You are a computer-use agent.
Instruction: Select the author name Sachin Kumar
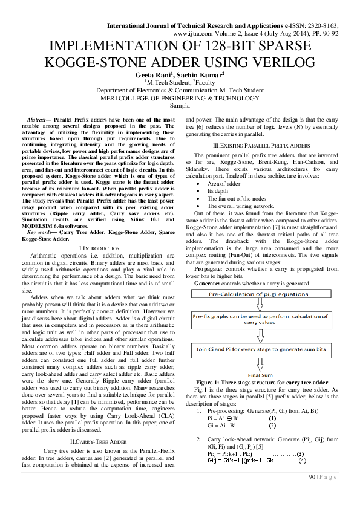pyautogui.click(x=201, y=74)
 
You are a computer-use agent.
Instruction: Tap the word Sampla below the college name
pyautogui.click(x=180, y=105)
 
